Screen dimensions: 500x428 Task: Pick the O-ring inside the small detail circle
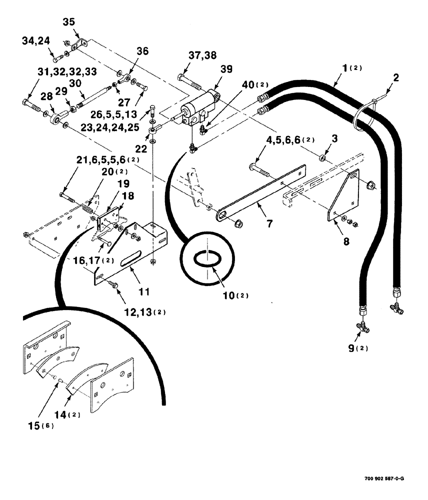pos(206,259)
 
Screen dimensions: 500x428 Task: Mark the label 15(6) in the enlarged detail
pos(39,425)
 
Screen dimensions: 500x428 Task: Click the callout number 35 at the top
pos(68,22)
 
